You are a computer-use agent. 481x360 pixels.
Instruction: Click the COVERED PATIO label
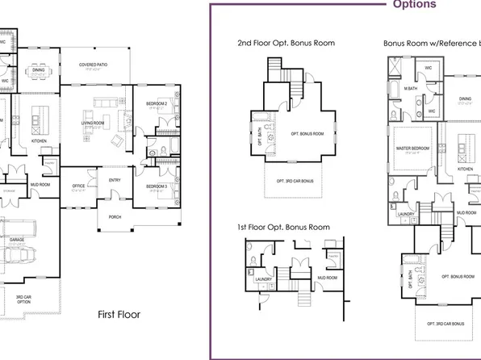94,64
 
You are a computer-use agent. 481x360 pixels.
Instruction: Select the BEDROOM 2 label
157,104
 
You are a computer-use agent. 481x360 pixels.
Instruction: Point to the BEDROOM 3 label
157,186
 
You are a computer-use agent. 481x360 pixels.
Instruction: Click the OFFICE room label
78,186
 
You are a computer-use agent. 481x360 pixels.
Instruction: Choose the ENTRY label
115,180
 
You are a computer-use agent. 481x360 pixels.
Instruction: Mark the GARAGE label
16,240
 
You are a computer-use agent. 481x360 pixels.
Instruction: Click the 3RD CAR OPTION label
23,299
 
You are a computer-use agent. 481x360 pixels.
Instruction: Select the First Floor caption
119,312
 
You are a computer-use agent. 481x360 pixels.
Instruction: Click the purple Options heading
414,5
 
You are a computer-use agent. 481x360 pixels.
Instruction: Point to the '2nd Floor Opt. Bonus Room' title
286,42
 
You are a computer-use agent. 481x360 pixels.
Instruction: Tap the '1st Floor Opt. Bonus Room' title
283,228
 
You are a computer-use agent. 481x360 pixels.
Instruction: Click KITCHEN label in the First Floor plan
39,140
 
